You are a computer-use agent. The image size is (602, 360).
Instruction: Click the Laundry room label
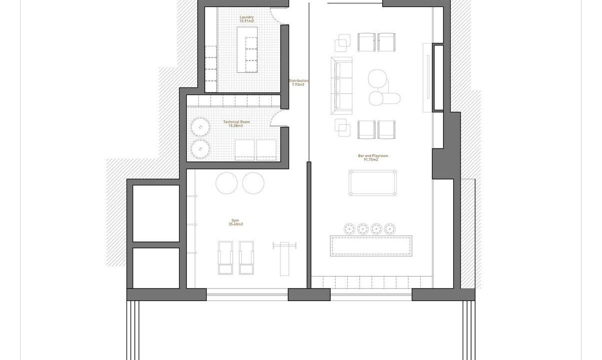(246, 17)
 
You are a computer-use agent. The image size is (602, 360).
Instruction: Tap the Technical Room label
(236, 122)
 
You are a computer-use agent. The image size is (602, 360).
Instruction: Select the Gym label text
(235, 220)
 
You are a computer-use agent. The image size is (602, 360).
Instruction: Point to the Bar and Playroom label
(373, 156)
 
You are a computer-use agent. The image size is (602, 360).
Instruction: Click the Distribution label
(298, 80)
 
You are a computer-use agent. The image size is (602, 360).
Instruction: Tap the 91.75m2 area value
(371, 159)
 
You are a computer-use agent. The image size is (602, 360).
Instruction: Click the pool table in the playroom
(373, 182)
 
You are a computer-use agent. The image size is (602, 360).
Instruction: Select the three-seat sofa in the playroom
(342, 85)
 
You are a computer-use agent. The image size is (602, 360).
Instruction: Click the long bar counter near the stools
(371, 246)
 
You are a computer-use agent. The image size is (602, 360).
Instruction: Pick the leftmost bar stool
(349, 229)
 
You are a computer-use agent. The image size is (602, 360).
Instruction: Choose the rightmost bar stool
(390, 229)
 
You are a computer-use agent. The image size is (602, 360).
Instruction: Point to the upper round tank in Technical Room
(200, 126)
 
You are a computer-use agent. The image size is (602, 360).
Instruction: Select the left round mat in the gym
(226, 183)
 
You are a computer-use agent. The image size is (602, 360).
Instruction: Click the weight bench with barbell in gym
(284, 259)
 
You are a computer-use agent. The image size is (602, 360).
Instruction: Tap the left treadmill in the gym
(225, 258)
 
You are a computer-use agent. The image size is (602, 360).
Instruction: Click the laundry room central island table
(247, 50)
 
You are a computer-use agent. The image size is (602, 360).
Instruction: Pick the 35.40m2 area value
(236, 224)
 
